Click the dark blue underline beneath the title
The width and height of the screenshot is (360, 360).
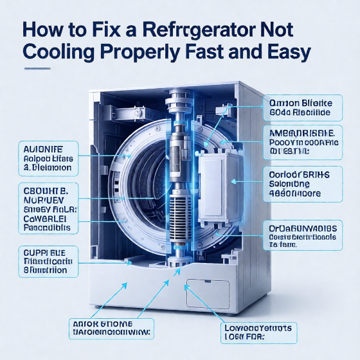(x=46, y=67)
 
